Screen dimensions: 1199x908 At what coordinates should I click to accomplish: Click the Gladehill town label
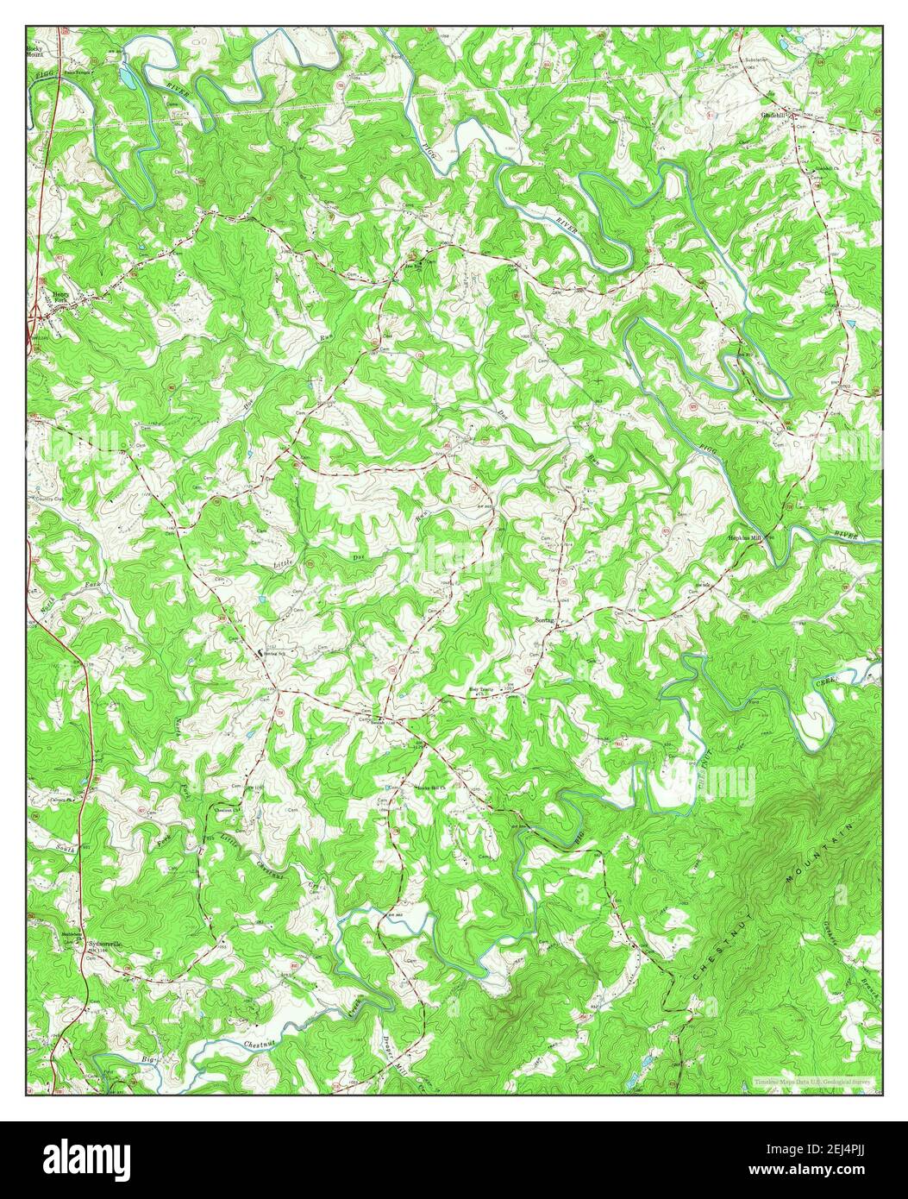click(x=773, y=114)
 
